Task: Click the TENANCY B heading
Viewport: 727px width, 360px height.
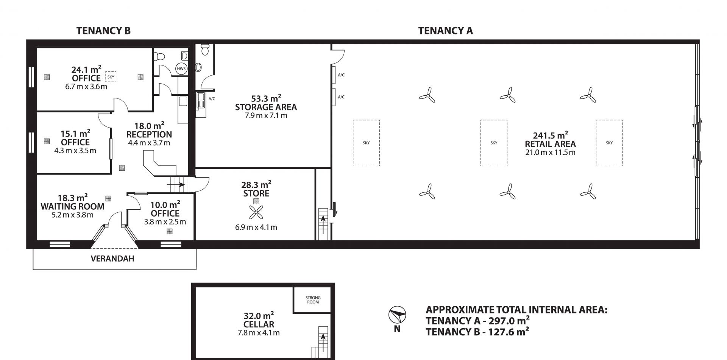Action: [x=103, y=31]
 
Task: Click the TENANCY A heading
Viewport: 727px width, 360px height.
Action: [x=445, y=31]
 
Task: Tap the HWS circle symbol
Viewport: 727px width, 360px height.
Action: [x=181, y=69]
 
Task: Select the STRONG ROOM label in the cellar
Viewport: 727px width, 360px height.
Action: [x=313, y=300]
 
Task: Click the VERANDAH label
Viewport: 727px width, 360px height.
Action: [x=112, y=259]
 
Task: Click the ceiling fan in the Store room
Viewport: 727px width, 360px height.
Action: [x=256, y=213]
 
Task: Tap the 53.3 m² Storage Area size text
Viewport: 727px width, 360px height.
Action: [x=266, y=98]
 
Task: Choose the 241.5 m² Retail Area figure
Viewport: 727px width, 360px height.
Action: [x=550, y=135]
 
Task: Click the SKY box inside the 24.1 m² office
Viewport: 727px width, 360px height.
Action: [x=111, y=77]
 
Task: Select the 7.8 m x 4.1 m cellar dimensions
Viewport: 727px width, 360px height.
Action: [x=259, y=333]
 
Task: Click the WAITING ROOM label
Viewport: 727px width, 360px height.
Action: [x=72, y=207]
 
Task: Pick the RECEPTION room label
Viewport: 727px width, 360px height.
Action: [x=149, y=134]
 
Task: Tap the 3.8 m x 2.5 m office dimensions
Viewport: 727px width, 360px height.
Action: [x=165, y=222]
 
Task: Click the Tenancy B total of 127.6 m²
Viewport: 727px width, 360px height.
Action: [x=477, y=332]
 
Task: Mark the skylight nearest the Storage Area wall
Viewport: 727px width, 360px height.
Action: [x=366, y=143]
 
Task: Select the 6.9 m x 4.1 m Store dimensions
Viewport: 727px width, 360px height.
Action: [x=256, y=228]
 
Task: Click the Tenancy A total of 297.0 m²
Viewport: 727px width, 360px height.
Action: [x=478, y=321]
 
